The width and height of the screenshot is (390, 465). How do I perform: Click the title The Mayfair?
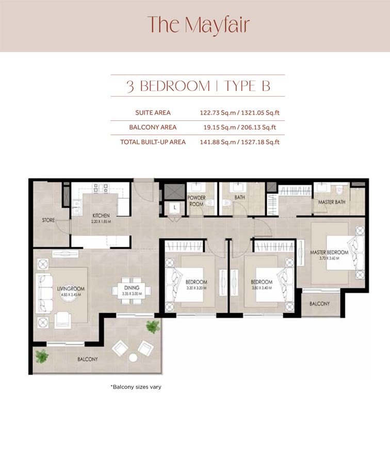click(199, 24)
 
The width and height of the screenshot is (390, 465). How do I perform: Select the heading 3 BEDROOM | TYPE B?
click(198, 85)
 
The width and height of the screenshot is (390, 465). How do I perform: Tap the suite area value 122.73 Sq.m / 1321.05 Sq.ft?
click(239, 113)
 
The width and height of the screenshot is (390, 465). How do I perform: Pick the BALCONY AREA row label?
click(153, 127)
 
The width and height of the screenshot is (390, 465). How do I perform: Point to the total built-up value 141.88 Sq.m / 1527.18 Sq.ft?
click(239, 142)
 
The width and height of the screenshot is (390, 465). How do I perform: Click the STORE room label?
click(48, 221)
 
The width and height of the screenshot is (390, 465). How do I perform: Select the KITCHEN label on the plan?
click(101, 215)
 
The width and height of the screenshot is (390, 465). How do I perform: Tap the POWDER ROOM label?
click(196, 201)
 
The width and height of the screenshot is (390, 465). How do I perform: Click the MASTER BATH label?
click(331, 202)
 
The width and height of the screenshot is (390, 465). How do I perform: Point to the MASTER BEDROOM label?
click(329, 253)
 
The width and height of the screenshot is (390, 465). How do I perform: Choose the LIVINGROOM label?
click(71, 289)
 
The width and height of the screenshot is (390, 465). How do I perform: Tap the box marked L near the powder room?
click(175, 207)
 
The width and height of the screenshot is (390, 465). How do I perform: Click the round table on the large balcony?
click(133, 358)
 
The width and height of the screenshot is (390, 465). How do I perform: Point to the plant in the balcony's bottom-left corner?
click(41, 356)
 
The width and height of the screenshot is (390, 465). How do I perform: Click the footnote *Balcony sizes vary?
click(136, 387)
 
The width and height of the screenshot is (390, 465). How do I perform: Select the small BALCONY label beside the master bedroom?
click(319, 304)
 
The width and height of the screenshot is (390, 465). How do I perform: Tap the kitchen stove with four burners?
click(102, 188)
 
